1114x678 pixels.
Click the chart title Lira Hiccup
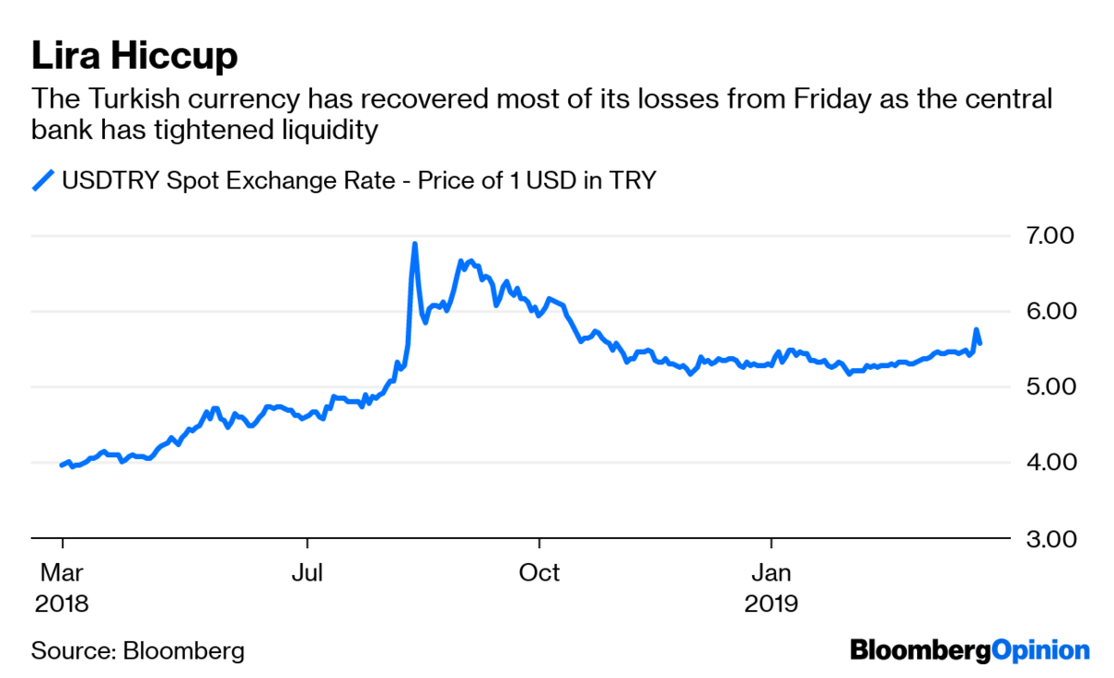pos(135,57)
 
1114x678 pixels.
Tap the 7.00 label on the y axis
pos(1050,236)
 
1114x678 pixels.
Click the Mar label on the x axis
pos(61,572)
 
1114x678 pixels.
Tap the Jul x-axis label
pos(307,572)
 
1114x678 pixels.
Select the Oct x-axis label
pos(539,572)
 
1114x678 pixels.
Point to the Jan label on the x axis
pos(771,572)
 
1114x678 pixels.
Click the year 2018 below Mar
pos(61,604)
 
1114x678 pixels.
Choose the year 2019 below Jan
pos(771,604)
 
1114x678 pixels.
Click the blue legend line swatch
pos(43,181)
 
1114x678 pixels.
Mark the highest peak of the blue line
pos(415,243)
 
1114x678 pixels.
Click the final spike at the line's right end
pos(977,329)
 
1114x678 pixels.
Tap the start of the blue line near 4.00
pos(61,466)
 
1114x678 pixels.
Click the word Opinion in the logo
pos(1041,651)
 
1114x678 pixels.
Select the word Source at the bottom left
pos(73,651)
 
